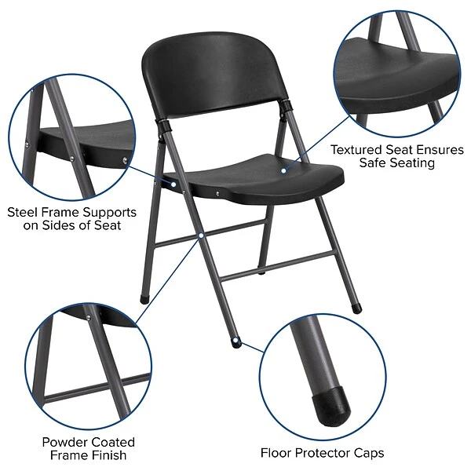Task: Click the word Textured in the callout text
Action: pos(356,149)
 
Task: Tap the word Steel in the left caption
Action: pos(24,212)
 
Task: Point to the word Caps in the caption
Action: pos(367,453)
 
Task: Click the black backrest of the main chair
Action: pos(212,75)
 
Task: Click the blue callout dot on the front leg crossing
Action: pos(202,234)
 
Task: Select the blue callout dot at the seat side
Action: pos(174,183)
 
